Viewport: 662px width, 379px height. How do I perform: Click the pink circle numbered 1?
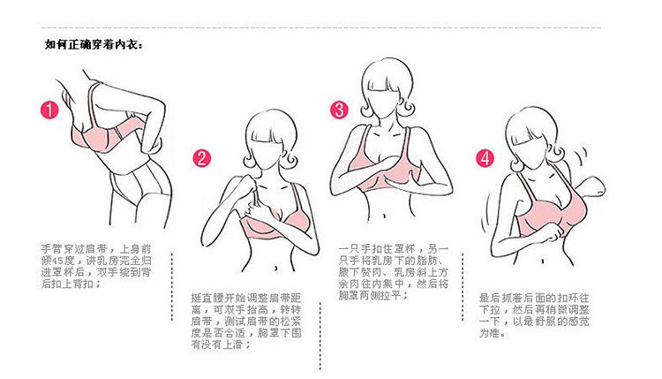coord(49,110)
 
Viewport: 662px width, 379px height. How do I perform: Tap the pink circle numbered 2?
coord(201,158)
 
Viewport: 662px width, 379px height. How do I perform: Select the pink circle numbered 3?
coord(339,110)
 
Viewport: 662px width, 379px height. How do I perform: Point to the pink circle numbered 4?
coord(485,158)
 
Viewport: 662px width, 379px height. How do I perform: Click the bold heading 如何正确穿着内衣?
coord(94,45)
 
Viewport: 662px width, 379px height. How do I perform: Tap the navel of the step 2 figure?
coord(275,268)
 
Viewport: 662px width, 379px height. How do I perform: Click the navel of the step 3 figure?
coord(384,216)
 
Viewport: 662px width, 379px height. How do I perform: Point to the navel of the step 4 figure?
coord(543,262)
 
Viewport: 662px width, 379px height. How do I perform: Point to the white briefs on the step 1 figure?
coord(139,185)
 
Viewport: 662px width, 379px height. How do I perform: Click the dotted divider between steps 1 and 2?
coord(172,287)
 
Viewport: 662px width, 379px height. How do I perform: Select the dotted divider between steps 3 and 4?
coord(463,287)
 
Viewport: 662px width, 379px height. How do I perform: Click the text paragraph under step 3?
coord(393,272)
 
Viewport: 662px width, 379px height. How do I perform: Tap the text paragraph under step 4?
coord(534,315)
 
